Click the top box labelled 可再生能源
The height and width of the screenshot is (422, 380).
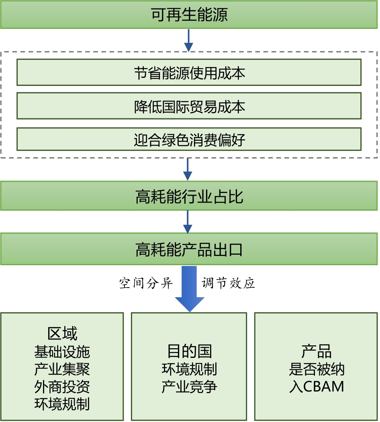(189, 15)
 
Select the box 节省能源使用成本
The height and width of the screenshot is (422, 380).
(189, 73)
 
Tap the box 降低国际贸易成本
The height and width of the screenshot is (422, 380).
(189, 106)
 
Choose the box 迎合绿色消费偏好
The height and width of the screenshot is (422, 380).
(189, 139)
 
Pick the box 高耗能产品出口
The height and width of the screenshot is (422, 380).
(189, 250)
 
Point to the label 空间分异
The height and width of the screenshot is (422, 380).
(146, 284)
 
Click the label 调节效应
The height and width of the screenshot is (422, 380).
(228, 284)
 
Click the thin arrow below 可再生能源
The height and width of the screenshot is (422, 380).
(188, 40)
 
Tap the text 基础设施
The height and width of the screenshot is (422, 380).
(62, 352)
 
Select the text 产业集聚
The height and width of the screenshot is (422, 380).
(62, 369)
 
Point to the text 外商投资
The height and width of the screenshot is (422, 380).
(62, 387)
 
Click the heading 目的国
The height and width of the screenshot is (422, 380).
(189, 351)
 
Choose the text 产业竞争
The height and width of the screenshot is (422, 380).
(189, 387)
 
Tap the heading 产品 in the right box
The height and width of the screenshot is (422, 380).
(317, 351)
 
